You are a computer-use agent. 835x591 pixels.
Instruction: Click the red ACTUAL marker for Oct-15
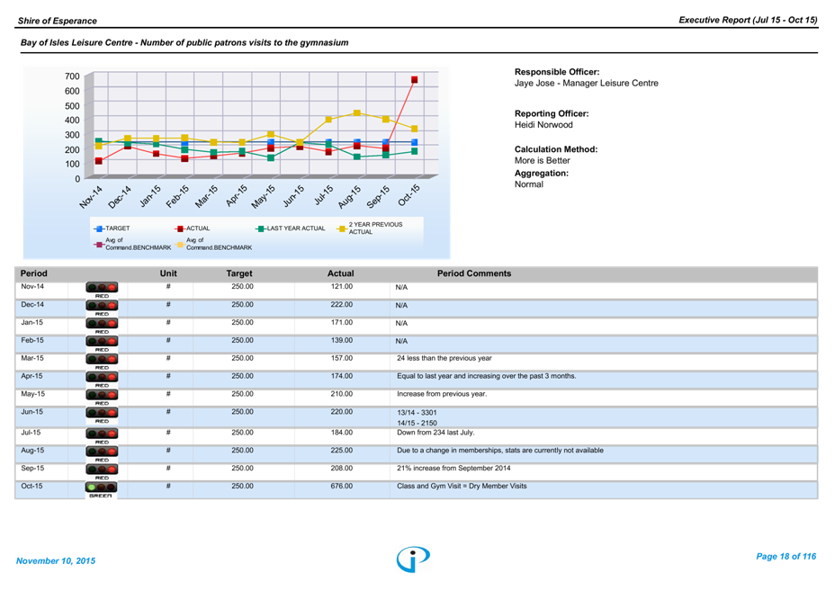point(414,80)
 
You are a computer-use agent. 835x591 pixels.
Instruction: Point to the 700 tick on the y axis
point(71,77)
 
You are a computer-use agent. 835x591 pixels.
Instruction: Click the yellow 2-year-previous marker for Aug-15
point(357,113)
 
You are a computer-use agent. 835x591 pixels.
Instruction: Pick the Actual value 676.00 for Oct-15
point(340,487)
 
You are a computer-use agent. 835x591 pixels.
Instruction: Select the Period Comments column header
point(473,273)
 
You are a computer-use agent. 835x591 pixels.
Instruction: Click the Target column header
point(239,273)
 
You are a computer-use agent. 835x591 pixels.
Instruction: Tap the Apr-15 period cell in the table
point(32,376)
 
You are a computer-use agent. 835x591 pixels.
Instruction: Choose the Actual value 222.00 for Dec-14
point(340,305)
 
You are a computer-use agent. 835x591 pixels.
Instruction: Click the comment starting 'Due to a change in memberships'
point(499,450)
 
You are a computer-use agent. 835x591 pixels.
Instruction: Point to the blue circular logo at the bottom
point(413,559)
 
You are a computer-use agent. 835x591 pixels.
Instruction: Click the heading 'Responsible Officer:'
point(557,72)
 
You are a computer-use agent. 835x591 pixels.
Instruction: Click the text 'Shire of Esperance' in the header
point(57,20)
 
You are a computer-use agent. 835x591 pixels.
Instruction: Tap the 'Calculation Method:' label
point(556,149)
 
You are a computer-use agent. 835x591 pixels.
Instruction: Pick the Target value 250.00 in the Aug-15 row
point(240,450)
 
